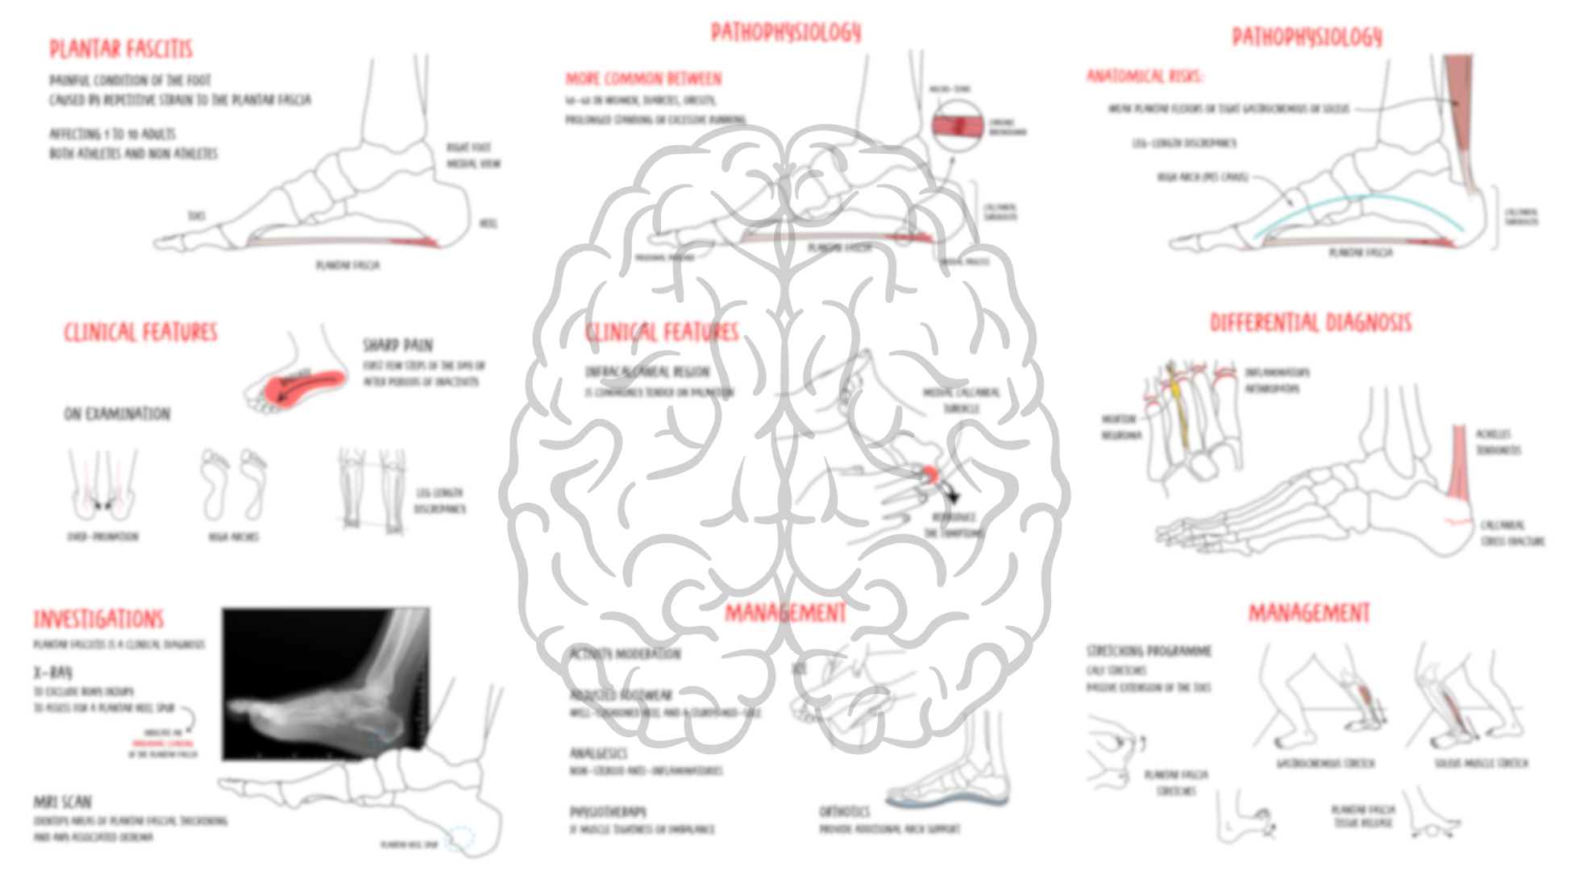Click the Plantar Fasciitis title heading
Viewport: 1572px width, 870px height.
[121, 49]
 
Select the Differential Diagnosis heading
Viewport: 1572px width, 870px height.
[1310, 323]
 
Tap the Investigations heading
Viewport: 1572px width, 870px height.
[98, 619]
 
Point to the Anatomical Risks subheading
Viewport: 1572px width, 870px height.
[1145, 77]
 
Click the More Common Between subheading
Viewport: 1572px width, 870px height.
[643, 79]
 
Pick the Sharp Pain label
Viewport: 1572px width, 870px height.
[397, 346]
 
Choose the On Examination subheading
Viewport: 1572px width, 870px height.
[117, 414]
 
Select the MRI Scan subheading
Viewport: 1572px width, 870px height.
[62, 802]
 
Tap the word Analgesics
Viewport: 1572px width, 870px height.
[598, 753]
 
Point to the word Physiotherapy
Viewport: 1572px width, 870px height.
[608, 812]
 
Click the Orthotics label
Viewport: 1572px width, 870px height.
[844, 811]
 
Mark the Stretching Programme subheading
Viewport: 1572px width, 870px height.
[1149, 651]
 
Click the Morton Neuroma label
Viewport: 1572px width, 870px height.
[1119, 427]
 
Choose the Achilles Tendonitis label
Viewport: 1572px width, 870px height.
[1498, 442]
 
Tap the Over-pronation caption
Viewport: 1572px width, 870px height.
[102, 536]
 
